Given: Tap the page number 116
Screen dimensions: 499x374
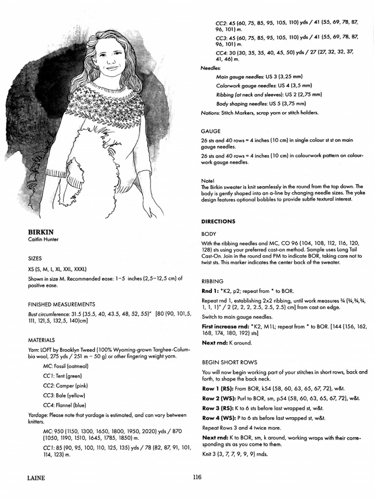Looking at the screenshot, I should (x=197, y=478).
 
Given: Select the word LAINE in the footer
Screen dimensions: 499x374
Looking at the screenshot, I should (x=36, y=478).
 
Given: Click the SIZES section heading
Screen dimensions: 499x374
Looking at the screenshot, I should (x=35, y=258).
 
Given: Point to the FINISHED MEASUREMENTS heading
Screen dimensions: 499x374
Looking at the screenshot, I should (x=61, y=304).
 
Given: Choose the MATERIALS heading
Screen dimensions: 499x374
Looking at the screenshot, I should (x=41, y=340).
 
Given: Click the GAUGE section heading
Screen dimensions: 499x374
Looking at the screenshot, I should (x=210, y=131).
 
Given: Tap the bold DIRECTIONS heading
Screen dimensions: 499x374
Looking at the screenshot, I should (x=218, y=221).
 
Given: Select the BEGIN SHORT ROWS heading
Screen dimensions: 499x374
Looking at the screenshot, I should (x=229, y=362).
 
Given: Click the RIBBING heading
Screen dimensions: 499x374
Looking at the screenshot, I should (x=212, y=281).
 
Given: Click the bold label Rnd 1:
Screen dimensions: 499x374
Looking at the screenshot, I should (x=211, y=290).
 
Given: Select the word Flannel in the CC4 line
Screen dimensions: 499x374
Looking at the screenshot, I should (x=66, y=404).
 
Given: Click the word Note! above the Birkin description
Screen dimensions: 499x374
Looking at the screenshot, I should (x=207, y=180).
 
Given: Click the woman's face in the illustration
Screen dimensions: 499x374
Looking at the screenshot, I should (x=110, y=58).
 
